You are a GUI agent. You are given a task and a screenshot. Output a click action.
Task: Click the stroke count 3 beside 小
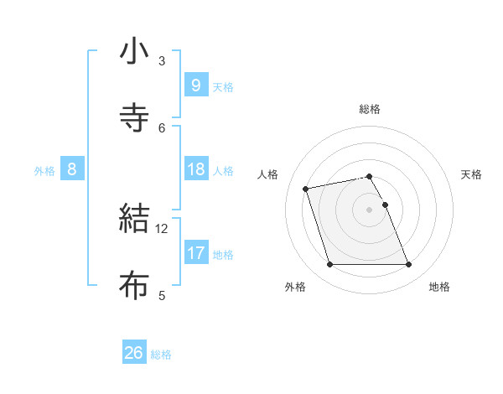point(162,60)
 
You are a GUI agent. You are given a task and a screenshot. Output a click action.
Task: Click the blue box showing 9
point(195,85)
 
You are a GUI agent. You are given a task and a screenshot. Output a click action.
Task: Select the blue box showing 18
point(195,169)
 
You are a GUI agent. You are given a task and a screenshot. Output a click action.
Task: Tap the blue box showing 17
point(195,253)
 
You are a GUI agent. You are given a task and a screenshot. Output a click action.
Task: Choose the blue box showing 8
point(72,169)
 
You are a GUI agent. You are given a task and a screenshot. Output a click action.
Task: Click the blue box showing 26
point(134,353)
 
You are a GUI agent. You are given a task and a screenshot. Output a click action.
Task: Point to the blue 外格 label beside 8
point(44,170)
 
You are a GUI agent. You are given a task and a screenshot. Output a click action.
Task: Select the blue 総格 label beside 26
point(161,355)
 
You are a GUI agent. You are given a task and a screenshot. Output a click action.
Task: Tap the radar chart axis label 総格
point(370,109)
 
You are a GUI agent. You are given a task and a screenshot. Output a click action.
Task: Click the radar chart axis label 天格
point(472,174)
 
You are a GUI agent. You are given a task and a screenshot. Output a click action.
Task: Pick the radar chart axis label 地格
point(439,287)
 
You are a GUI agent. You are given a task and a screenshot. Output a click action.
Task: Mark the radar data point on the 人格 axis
point(306,188)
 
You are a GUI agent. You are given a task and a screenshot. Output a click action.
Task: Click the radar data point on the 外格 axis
point(329,265)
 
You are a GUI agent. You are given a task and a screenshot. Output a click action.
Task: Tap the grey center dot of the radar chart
point(370,210)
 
